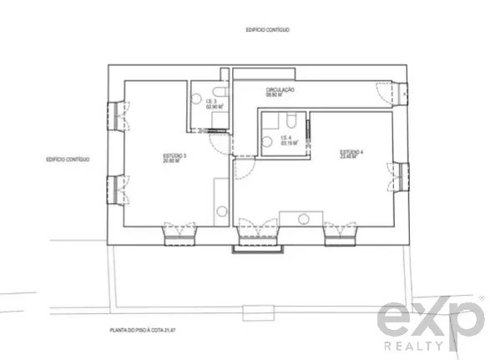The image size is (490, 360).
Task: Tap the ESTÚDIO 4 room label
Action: point(351,155)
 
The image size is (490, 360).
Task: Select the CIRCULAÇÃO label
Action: point(279,93)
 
